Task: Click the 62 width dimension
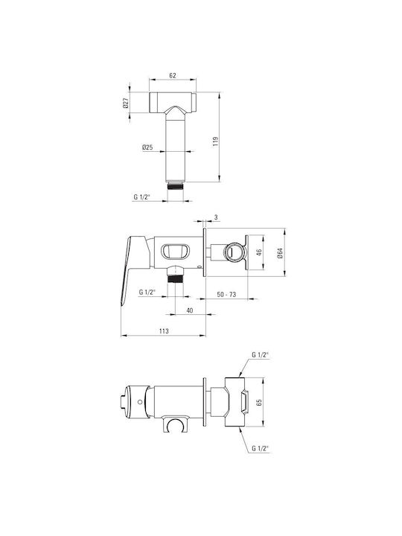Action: pyautogui.click(x=173, y=75)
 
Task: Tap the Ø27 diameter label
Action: pyautogui.click(x=126, y=103)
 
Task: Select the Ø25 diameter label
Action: pyautogui.click(x=147, y=147)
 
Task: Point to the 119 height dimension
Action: pyautogui.click(x=215, y=141)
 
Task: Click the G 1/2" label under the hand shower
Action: pyautogui.click(x=142, y=197)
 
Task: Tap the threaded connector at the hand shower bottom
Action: pyautogui.click(x=175, y=186)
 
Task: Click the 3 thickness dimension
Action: pyautogui.click(x=216, y=217)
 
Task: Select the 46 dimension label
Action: pyautogui.click(x=259, y=252)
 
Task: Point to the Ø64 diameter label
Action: pyautogui.click(x=281, y=253)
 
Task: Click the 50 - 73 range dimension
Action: pyautogui.click(x=226, y=294)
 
